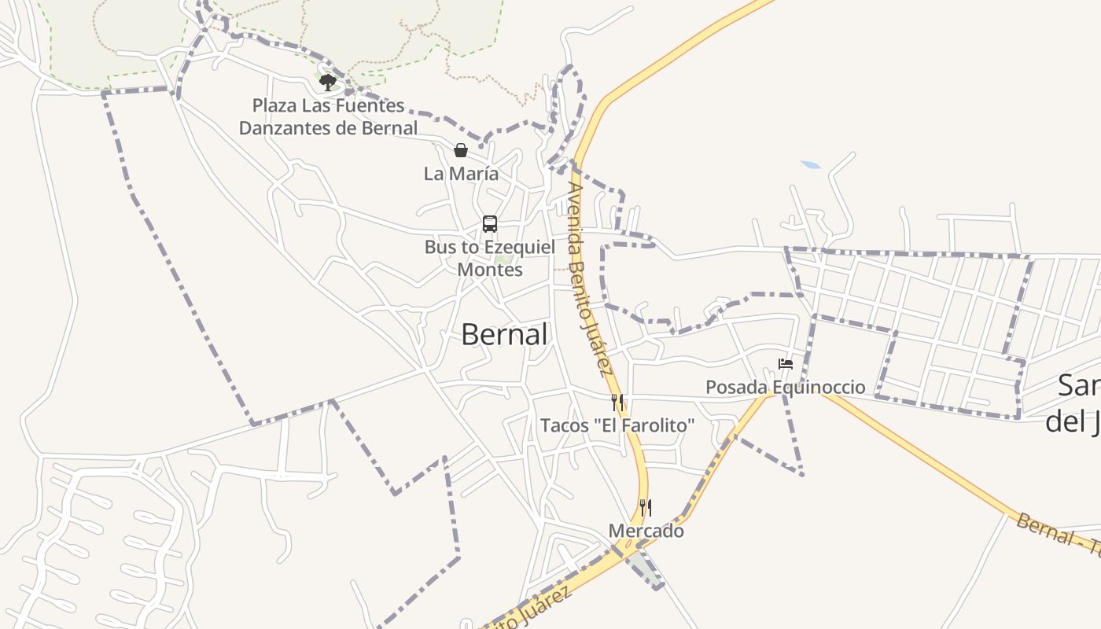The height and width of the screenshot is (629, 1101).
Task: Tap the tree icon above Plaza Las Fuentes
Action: click(x=328, y=82)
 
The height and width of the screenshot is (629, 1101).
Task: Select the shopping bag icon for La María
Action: click(x=461, y=150)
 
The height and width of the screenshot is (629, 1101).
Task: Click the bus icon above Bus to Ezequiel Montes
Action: click(x=490, y=224)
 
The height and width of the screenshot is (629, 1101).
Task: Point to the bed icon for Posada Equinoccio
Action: click(x=786, y=364)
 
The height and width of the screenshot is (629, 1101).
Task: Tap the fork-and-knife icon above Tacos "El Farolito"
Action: click(x=617, y=403)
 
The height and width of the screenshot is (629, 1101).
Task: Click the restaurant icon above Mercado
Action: click(x=646, y=507)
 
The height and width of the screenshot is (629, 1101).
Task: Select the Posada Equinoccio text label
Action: click(x=785, y=387)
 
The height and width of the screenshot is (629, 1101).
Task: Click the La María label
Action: click(x=461, y=174)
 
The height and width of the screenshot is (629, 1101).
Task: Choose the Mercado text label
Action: click(x=646, y=531)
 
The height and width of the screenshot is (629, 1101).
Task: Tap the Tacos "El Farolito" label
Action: click(x=617, y=425)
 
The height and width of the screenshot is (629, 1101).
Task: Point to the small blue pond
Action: click(x=810, y=165)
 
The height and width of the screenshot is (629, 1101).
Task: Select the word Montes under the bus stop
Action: click(x=490, y=269)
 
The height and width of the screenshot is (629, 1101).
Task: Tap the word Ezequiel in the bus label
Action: click(x=518, y=247)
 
